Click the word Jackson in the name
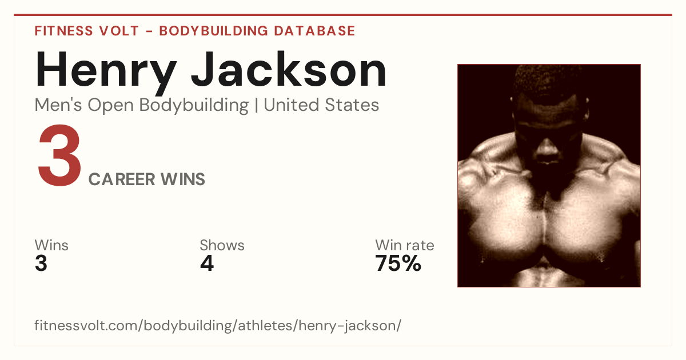tap(289, 70)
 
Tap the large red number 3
tap(59, 155)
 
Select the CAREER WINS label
tap(147, 179)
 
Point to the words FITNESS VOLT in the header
tap(87, 31)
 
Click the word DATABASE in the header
tap(314, 31)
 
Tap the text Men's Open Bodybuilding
tap(142, 105)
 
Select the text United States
tap(321, 105)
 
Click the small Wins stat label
tap(51, 245)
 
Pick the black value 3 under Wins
tap(41, 263)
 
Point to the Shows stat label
tap(222, 245)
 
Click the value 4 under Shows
tap(207, 263)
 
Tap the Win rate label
tap(405, 245)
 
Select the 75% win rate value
tap(398, 263)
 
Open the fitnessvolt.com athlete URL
tap(218, 326)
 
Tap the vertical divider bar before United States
tap(256, 105)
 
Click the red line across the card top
tap(343, 15)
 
